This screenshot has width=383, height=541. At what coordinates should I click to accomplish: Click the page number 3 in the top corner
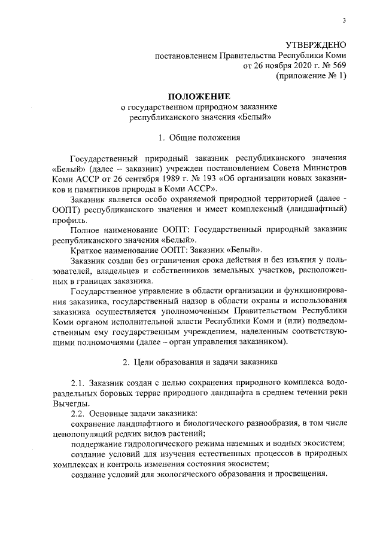344,22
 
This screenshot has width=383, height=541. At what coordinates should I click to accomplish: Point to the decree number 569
339,66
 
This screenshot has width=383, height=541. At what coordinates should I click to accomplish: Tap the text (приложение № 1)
311,76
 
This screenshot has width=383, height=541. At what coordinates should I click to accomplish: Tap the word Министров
324,169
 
